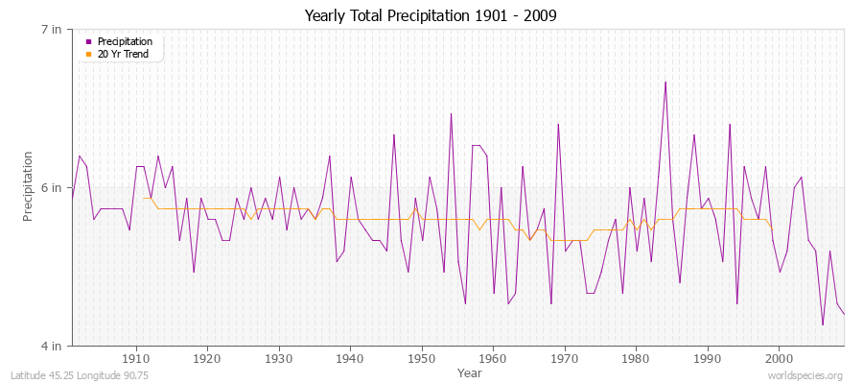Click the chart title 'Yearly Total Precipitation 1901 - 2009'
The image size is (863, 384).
click(431, 15)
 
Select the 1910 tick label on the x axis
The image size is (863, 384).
click(136, 359)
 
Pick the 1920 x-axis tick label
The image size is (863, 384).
click(207, 359)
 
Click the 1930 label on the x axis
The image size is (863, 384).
click(279, 359)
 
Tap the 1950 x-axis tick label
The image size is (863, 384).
click(422, 359)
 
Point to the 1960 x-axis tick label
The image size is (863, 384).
click(494, 359)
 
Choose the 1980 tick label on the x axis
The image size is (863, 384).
click(637, 359)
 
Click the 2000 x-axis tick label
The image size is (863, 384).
click(780, 359)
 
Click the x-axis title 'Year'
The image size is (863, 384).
click(470, 372)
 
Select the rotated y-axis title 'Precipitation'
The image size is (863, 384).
click(29, 187)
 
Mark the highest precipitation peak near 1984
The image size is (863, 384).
click(665, 82)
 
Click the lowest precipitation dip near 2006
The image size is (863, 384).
click(823, 324)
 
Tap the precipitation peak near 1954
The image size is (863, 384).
click(451, 113)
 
